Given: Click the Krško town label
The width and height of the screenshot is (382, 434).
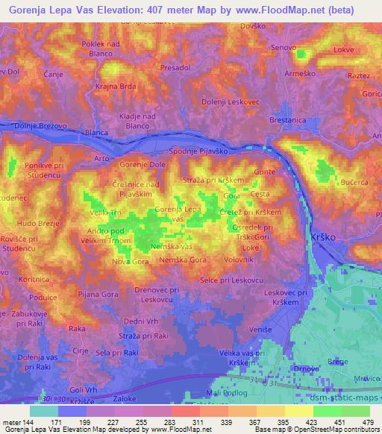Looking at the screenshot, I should click(x=322, y=236).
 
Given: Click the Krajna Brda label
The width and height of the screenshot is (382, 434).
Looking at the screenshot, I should click(x=116, y=86).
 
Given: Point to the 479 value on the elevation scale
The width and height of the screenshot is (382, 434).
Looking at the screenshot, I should click(x=367, y=422).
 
